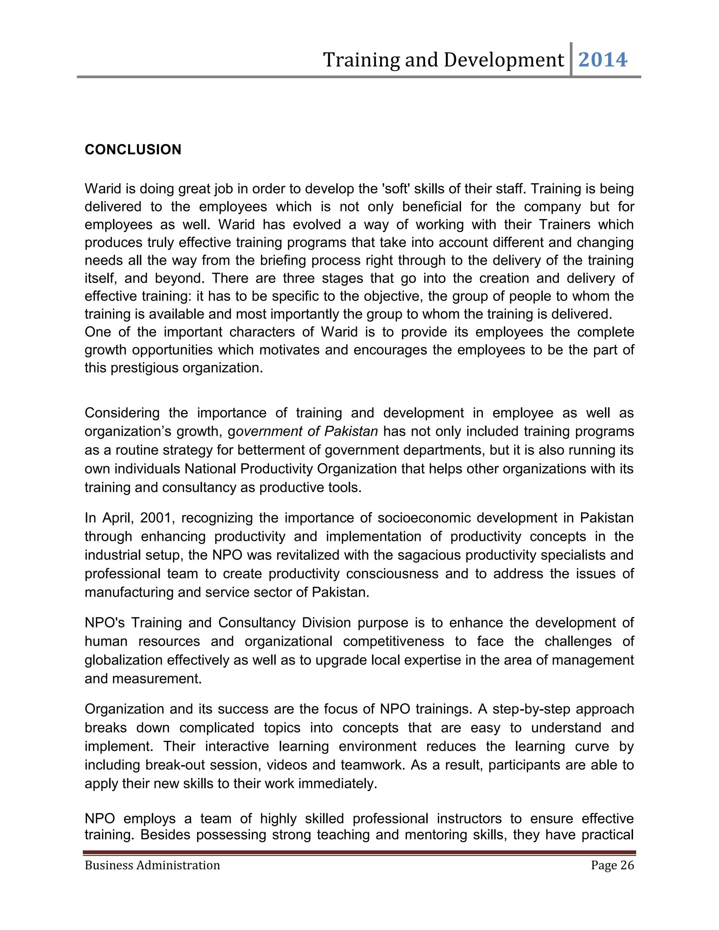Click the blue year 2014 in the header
603,60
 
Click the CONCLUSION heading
133,150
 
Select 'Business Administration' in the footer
152,865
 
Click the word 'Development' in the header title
503,60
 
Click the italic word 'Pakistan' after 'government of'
351,431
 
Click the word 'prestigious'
145,368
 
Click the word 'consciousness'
392,573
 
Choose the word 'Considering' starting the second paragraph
122,413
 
